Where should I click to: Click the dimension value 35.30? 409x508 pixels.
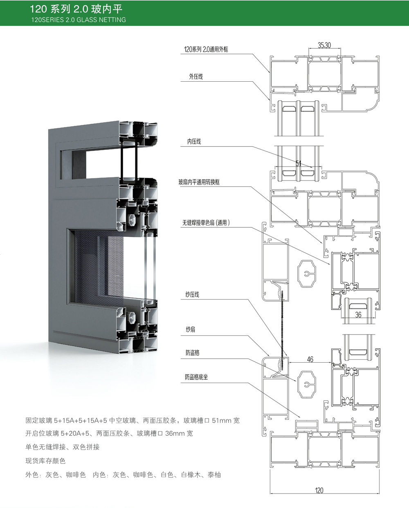click(x=324, y=45)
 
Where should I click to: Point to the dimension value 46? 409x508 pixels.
click(x=310, y=359)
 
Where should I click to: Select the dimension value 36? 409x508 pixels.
click(x=358, y=315)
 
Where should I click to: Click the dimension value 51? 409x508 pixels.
click(x=299, y=163)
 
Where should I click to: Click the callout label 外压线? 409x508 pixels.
click(x=196, y=77)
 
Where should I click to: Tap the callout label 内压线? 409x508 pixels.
click(x=194, y=142)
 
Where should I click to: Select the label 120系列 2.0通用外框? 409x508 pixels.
click(x=206, y=49)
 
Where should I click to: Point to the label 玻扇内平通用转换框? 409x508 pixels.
click(x=199, y=182)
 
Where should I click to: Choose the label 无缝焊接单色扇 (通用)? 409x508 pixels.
click(x=206, y=223)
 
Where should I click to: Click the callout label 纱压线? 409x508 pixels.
click(x=193, y=294)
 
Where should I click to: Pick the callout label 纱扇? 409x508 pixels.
click(x=191, y=330)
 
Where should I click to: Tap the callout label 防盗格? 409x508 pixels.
click(x=193, y=353)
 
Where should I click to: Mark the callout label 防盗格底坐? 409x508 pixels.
click(x=196, y=377)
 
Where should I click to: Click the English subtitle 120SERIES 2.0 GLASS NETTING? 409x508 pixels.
click(x=79, y=20)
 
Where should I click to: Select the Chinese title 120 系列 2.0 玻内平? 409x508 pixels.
click(x=76, y=9)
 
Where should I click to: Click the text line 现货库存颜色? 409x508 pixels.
click(x=45, y=461)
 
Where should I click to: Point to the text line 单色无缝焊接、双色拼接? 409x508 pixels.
click(x=63, y=447)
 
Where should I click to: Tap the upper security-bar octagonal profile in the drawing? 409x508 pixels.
click(x=306, y=274)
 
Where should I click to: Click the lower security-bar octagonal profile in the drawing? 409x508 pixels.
click(x=306, y=385)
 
